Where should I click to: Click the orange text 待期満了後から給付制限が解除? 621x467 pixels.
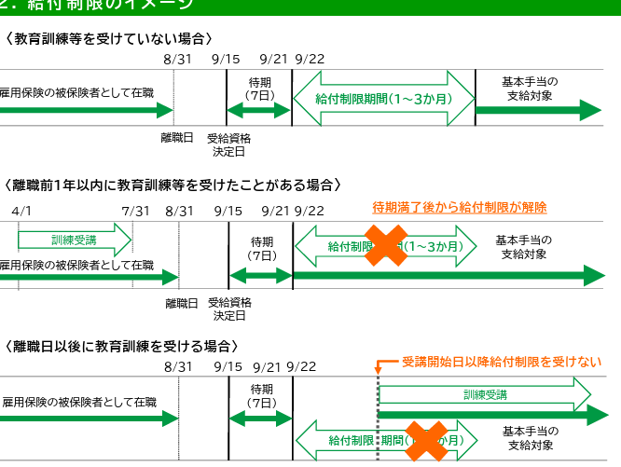point(459,207)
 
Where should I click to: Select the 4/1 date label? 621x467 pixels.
point(22,212)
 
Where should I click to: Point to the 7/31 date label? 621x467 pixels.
point(135,212)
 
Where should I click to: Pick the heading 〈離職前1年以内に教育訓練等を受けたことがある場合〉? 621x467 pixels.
point(173,185)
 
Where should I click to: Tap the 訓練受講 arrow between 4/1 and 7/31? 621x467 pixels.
point(75,240)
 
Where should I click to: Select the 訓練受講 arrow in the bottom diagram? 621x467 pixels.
point(485,394)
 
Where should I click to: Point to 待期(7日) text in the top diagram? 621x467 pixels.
point(260,89)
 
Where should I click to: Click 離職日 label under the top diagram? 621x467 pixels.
point(177,138)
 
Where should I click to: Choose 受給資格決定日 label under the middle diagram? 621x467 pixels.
point(228,309)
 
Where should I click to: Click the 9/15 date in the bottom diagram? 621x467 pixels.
point(228,367)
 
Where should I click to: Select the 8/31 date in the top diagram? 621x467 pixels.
point(176,59)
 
